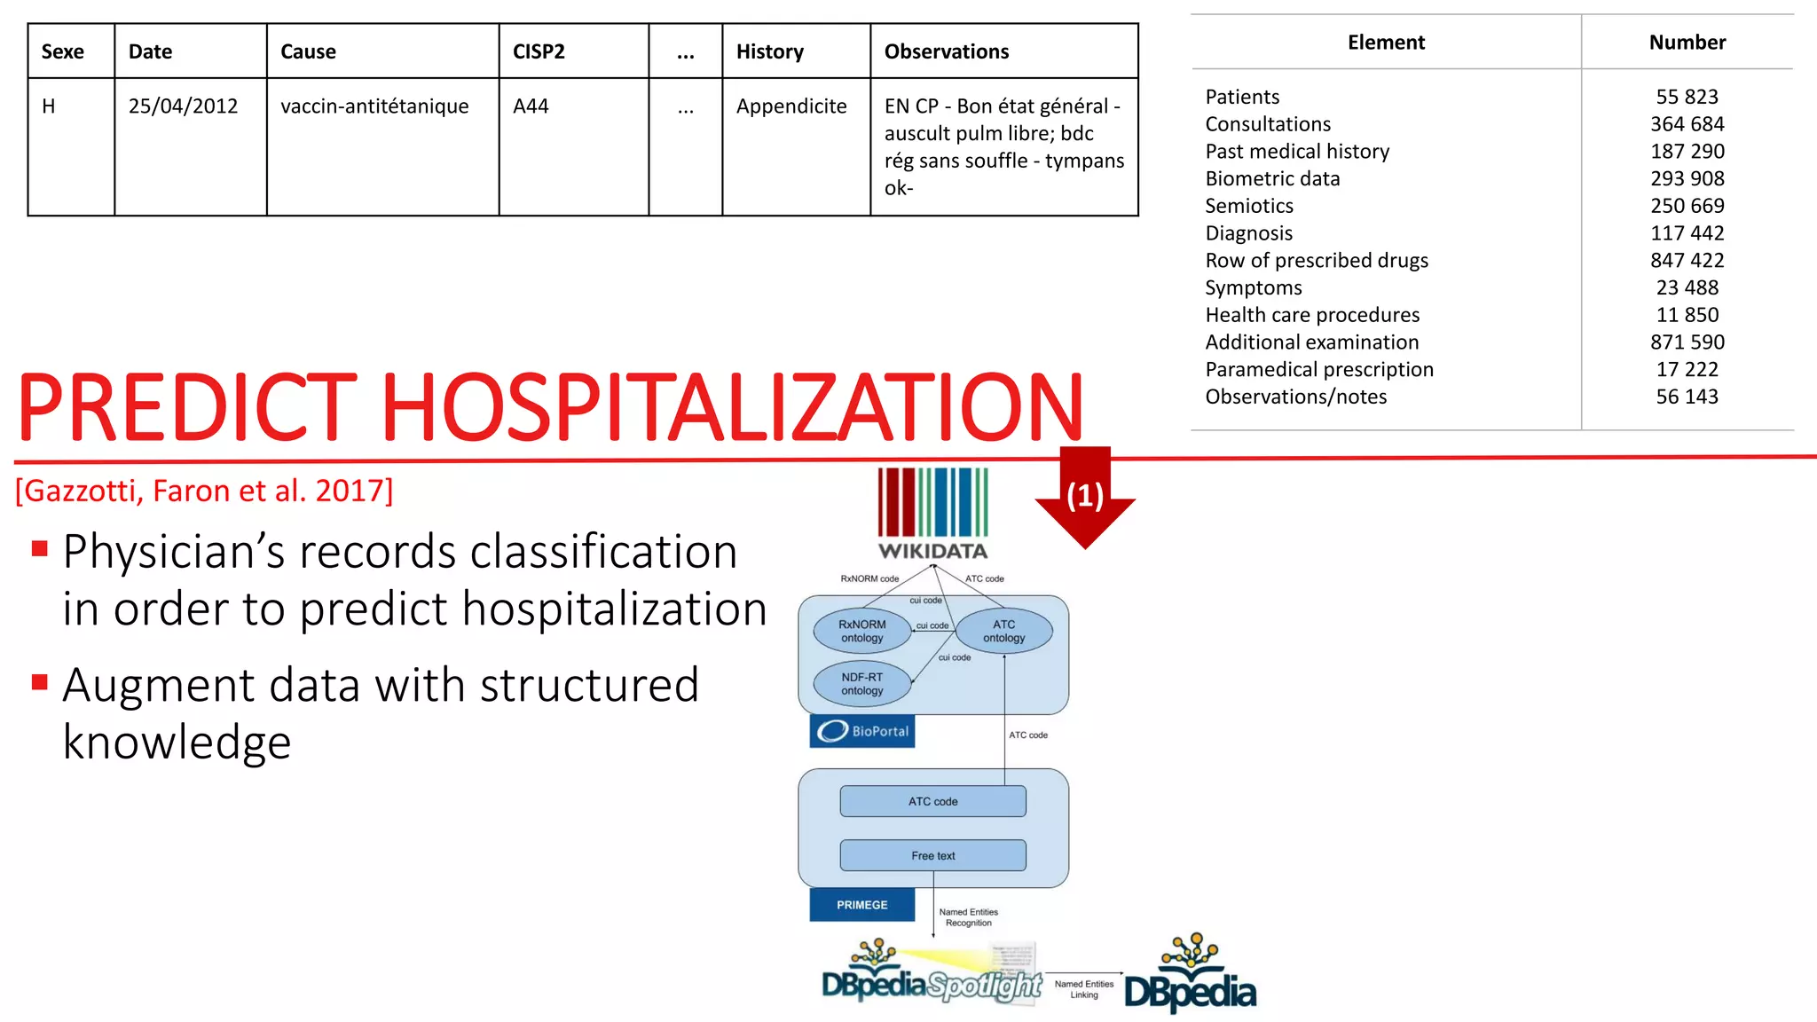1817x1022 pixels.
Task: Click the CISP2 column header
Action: click(x=539, y=51)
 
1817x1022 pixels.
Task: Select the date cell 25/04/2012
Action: click(x=183, y=106)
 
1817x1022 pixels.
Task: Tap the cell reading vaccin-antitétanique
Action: click(x=374, y=106)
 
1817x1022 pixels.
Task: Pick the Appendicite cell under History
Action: click(x=791, y=106)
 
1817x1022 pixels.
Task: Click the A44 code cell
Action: click(x=531, y=106)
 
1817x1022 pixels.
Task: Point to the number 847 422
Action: click(x=1687, y=261)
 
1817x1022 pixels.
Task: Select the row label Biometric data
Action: click(x=1272, y=179)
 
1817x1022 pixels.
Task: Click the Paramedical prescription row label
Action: click(x=1318, y=370)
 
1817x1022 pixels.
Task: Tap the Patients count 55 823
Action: click(x=1687, y=97)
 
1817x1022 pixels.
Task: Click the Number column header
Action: click(x=1687, y=43)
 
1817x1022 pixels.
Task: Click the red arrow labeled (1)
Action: click(x=1085, y=497)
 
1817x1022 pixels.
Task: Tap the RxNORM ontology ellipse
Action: click(x=861, y=631)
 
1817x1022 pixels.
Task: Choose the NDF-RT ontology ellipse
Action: click(x=861, y=684)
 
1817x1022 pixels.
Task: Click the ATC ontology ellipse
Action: click(x=1003, y=631)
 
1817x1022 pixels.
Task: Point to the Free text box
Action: click(x=932, y=855)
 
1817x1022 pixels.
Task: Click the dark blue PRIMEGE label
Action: click(x=861, y=905)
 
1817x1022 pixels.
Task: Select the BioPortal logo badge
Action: click(x=862, y=731)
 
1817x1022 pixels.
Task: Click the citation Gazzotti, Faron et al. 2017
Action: click(x=204, y=491)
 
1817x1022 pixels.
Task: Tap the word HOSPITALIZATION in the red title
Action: click(x=732, y=408)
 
